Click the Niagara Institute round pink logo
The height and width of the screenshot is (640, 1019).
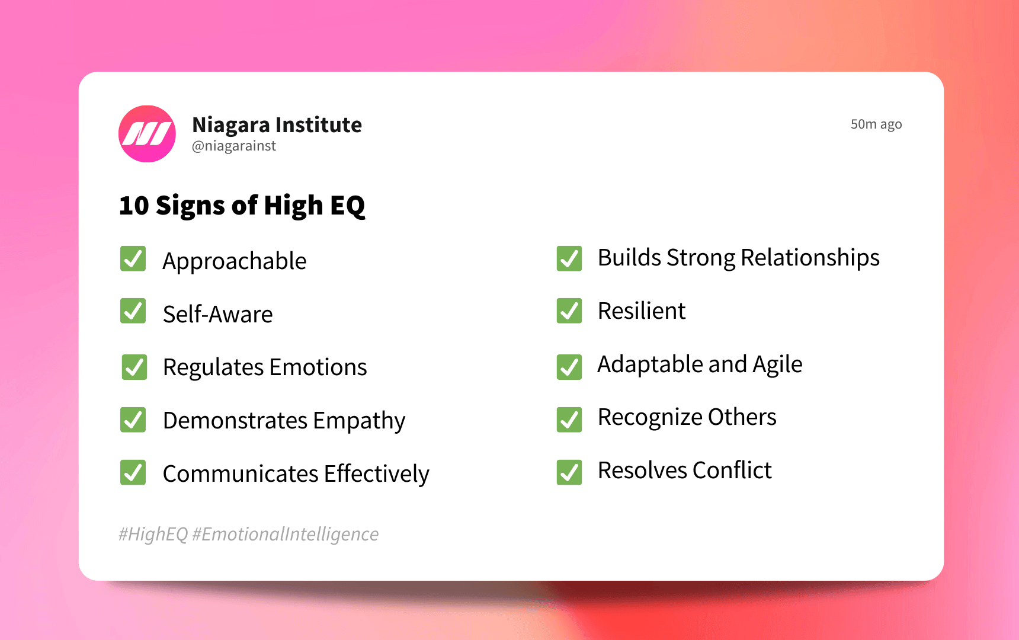[147, 134]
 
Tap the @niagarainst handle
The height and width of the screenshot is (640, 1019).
[234, 146]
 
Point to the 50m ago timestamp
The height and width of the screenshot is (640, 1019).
[876, 124]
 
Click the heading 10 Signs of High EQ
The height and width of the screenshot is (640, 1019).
[242, 206]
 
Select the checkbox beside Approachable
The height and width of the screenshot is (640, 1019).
[133, 259]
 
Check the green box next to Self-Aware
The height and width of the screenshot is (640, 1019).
[133, 311]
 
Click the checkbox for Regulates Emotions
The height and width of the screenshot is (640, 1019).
[134, 367]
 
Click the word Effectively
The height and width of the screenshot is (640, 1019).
[376, 474]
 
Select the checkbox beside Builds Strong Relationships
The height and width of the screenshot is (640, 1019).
[569, 258]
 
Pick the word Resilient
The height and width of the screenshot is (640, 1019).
[641, 311]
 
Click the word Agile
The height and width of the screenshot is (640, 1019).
[777, 364]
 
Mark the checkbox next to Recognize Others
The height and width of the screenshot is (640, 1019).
[569, 420]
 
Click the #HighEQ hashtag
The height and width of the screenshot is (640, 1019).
[153, 534]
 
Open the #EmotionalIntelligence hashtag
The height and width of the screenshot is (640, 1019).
[285, 534]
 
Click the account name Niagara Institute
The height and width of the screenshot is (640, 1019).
[277, 125]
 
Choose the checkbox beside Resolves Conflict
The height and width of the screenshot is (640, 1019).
[569, 472]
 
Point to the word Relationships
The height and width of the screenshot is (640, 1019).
[810, 258]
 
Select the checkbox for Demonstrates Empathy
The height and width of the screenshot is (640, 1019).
[133, 420]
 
